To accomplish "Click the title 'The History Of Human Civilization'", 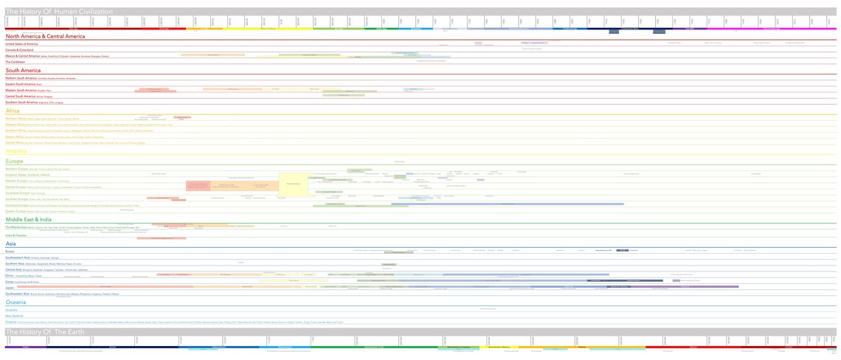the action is pyautogui.click(x=59, y=12).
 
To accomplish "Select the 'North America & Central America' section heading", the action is pyautogui.click(x=45, y=36).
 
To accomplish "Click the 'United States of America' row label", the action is pyautogui.click(x=21, y=44).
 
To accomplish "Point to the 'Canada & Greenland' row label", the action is pyautogui.click(x=19, y=49).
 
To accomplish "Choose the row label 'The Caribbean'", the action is pyautogui.click(x=15, y=62).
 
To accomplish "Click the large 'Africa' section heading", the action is pyautogui.click(x=13, y=111).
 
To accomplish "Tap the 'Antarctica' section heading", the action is pyautogui.click(x=16, y=151).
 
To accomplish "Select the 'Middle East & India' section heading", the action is pyautogui.click(x=29, y=219).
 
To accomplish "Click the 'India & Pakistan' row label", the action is pyautogui.click(x=15, y=235).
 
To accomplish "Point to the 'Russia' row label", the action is pyautogui.click(x=10, y=252).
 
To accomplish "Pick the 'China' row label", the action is pyautogui.click(x=9, y=275).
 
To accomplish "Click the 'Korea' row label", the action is pyautogui.click(x=10, y=281).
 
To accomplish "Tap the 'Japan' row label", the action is pyautogui.click(x=10, y=287).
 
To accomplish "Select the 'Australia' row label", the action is pyautogui.click(x=11, y=310).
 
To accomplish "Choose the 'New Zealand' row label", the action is pyautogui.click(x=14, y=316).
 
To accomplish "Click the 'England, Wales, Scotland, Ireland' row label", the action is pyautogui.click(x=28, y=175).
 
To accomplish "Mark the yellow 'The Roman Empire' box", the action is pyautogui.click(x=293, y=184).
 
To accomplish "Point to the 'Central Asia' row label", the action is pyautogui.click(x=13, y=269).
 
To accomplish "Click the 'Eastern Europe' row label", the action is pyautogui.click(x=15, y=211).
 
